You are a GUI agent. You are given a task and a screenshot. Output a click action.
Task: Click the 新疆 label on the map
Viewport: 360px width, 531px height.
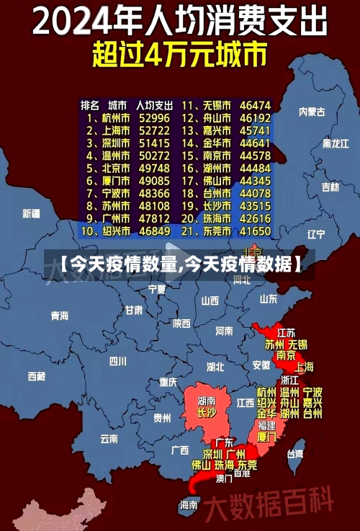pos(32,213)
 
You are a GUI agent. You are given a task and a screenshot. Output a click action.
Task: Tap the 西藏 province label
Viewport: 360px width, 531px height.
pos(37,375)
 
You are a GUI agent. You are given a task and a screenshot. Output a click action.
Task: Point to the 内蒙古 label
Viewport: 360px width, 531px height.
pos(312,112)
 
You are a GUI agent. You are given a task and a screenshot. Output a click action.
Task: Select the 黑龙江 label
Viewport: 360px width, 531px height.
pos(335,143)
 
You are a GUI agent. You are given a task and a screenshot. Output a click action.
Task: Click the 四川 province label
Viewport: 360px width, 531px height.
pos(117,360)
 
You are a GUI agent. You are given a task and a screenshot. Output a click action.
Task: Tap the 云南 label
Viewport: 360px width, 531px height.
pos(109,437)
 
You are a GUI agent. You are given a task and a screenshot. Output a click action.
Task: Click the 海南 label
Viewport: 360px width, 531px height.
pos(189,504)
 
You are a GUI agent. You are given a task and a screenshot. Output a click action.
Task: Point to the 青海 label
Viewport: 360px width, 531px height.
pos(60,316)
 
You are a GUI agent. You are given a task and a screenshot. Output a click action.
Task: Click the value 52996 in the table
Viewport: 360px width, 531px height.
pos(155,117)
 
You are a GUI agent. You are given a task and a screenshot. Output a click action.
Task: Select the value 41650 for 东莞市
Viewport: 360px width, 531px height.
pos(256,231)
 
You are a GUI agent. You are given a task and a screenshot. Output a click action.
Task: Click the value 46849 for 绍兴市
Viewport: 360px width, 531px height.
pos(155,231)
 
